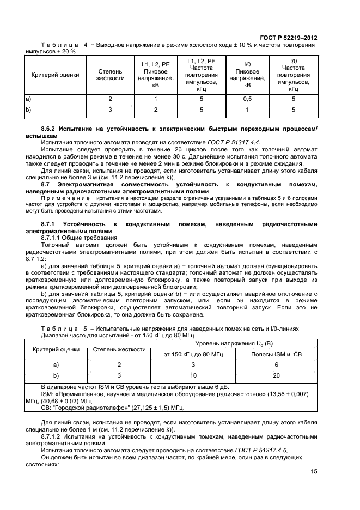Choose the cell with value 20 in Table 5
(x=276, y=376)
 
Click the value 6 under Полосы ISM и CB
(x=276, y=365)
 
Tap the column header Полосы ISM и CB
(x=276, y=355)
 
